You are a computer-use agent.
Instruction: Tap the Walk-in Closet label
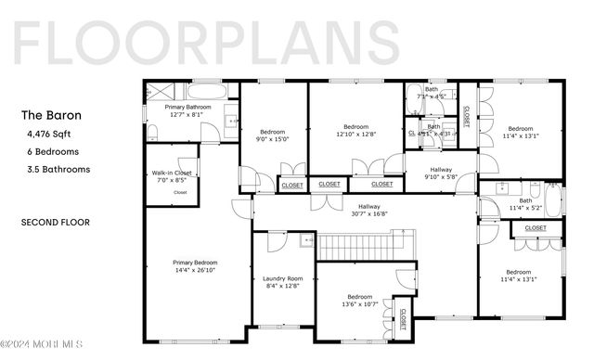click(172, 174)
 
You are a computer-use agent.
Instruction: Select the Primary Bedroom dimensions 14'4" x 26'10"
click(195, 270)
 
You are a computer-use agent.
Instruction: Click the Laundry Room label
click(282, 278)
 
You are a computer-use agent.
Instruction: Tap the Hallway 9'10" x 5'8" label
click(440, 170)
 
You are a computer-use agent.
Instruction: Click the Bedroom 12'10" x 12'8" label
click(355, 127)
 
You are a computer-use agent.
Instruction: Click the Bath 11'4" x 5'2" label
click(525, 200)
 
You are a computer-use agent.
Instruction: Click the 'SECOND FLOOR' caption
click(55, 223)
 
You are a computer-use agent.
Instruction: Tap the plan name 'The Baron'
click(51, 116)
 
